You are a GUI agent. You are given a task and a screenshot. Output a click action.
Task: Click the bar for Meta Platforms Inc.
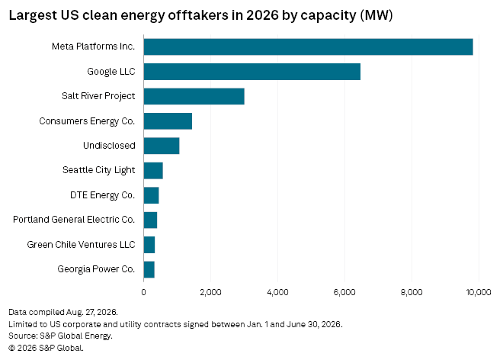309,47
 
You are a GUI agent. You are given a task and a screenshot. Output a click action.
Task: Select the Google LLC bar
252,72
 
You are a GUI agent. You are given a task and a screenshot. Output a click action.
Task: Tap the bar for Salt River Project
194,96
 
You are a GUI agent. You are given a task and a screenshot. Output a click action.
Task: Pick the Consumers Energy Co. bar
168,121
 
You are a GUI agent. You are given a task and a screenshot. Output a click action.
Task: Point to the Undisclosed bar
162,146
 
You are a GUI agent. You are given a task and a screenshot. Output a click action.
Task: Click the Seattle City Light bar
153,171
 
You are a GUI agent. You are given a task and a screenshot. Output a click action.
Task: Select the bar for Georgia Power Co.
149,269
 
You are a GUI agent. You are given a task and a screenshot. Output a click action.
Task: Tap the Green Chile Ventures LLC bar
149,245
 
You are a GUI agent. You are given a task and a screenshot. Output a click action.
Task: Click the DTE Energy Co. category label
102,195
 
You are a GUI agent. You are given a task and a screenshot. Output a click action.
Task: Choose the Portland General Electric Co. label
74,220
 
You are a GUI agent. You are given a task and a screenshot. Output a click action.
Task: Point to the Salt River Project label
98,96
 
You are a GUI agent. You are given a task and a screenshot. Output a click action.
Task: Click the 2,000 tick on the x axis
210,292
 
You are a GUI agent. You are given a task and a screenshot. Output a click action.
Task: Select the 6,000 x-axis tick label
344,292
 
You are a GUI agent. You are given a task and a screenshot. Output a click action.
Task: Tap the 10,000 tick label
479,292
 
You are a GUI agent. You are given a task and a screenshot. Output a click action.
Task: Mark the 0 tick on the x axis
143,292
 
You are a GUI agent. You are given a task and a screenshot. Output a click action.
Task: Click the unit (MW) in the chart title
376,15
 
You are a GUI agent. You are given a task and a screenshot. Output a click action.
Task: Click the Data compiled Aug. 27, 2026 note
63,312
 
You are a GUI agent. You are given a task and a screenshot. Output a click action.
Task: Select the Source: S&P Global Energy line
61,336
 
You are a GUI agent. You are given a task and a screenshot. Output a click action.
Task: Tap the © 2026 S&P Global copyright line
46,348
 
